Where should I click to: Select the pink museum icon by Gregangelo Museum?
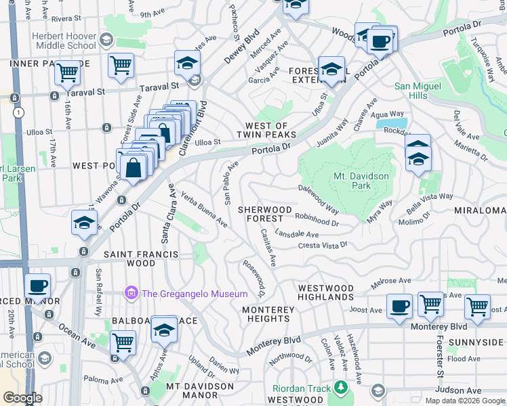click(x=130, y=293)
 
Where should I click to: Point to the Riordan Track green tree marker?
click(x=342, y=388)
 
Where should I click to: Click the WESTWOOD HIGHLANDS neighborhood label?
click(x=326, y=293)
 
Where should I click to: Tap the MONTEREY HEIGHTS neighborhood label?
click(x=269, y=314)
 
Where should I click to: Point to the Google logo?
click(x=23, y=398)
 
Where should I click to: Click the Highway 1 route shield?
click(x=22, y=112)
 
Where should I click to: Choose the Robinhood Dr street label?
click(x=317, y=218)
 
